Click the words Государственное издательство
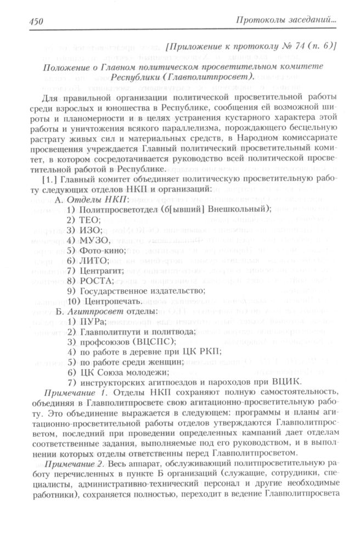point(142,290)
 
